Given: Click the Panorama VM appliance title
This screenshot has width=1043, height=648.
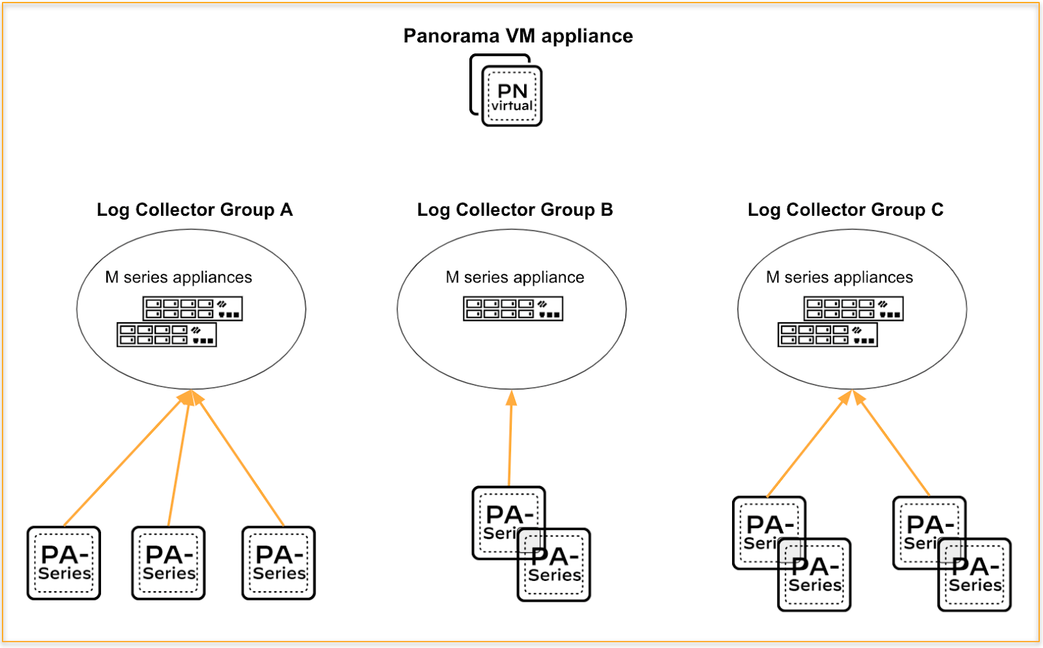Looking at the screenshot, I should point(518,36).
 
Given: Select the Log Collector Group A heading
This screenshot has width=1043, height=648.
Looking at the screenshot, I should point(194,210).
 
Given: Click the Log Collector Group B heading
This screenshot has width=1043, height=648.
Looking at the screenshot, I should point(515,210).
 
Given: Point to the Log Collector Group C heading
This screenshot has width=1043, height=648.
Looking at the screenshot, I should point(845,210).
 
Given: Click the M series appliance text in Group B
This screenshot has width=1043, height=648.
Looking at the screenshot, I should point(515,277).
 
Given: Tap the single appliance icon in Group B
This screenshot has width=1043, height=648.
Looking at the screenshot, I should point(513,308).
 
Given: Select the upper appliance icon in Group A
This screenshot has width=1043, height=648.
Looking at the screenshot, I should point(192,308).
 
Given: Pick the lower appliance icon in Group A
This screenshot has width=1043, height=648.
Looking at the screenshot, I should point(166,334).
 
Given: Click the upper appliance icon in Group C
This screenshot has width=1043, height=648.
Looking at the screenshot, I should point(853,308).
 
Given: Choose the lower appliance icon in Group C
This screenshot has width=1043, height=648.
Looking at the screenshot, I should point(827,334).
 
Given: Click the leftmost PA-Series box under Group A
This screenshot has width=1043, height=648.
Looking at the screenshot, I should point(64,563).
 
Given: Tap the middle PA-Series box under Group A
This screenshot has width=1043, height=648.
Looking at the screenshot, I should point(168,563).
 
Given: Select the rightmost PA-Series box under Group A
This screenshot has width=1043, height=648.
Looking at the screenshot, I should point(278,563).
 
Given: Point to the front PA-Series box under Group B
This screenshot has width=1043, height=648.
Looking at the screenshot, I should point(554,565).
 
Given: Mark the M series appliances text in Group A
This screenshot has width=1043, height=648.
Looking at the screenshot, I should point(179,277).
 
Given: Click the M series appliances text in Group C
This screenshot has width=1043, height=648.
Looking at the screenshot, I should point(840,277).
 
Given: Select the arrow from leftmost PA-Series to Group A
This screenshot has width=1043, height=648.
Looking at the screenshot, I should point(123,460).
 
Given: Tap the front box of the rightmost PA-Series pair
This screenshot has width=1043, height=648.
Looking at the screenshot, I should point(975,575).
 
